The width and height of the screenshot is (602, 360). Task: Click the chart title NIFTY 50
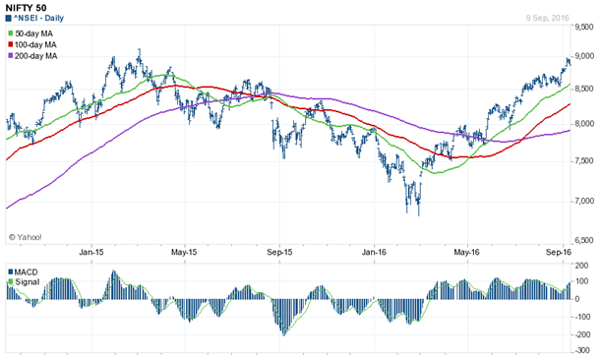tap(27, 7)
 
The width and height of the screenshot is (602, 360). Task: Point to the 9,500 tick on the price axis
tap(585, 16)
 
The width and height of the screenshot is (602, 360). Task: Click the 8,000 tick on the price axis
tap(585, 123)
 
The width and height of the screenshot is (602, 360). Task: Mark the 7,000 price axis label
tap(585, 201)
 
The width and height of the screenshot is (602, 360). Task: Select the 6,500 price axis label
tap(585, 239)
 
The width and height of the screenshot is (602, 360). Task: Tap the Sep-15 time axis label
tap(280, 252)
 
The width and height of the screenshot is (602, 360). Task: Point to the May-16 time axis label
tap(466, 252)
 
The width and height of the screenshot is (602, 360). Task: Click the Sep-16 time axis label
tap(561, 252)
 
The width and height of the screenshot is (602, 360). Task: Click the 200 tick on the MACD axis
tap(585, 266)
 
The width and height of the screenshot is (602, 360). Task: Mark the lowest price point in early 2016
tap(419, 213)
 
